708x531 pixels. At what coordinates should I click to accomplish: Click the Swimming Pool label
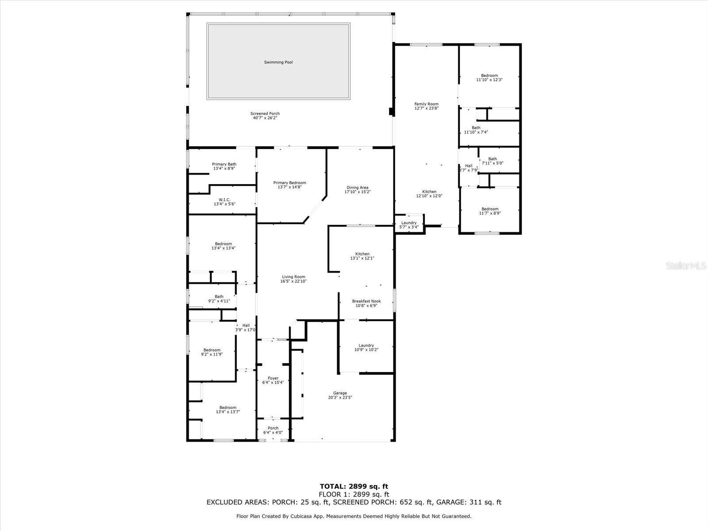tap(278, 62)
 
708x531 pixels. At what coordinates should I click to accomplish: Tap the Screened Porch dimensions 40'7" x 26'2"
tap(265, 118)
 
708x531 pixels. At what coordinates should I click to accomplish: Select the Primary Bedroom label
tap(289, 183)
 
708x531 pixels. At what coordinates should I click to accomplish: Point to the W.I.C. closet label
tap(224, 200)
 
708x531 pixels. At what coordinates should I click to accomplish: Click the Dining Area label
tap(358, 188)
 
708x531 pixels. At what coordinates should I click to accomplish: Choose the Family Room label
tap(426, 104)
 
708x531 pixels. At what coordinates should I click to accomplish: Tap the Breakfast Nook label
tap(366, 301)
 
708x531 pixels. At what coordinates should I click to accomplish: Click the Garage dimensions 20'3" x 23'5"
tap(340, 397)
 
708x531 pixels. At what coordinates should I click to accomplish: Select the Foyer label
tap(273, 378)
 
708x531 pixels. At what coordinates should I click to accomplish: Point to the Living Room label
tap(293, 277)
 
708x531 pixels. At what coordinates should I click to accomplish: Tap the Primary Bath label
tap(224, 164)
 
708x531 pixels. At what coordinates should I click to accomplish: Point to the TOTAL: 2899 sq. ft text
tap(354, 487)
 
